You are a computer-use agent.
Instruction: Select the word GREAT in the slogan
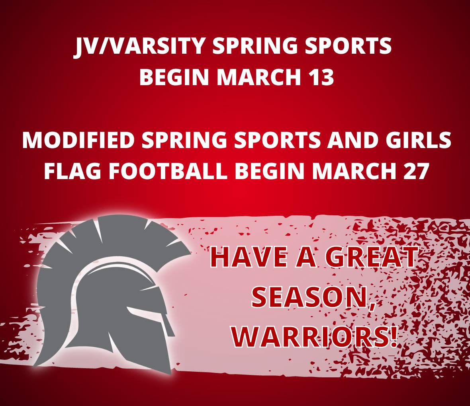click(371, 257)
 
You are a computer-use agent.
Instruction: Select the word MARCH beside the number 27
click(354, 171)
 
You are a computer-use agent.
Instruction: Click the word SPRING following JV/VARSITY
click(255, 47)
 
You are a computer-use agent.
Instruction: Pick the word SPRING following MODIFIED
click(184, 140)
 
